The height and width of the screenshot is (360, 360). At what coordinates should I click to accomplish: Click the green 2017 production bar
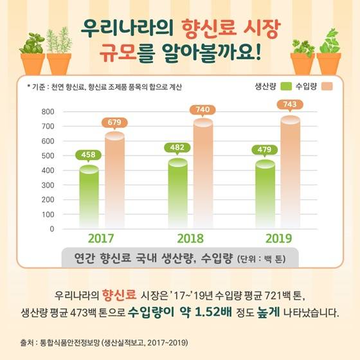pyautogui.click(x=89, y=197)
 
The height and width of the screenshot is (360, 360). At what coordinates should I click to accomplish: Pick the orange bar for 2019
pyautogui.click(x=290, y=172)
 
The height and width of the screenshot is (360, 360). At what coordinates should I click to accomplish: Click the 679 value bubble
pyautogui.click(x=114, y=123)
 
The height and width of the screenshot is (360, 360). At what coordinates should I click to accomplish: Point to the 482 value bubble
pyautogui.click(x=177, y=148)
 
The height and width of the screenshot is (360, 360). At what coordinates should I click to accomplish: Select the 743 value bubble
pyautogui.click(x=290, y=105)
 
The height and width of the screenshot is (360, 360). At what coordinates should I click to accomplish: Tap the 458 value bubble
pyautogui.click(x=88, y=155)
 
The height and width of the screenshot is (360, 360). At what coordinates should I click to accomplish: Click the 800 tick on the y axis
pyautogui.click(x=48, y=112)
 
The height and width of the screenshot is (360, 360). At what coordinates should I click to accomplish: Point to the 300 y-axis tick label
pyautogui.click(x=48, y=185)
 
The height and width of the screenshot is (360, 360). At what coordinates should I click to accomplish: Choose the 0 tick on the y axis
pyautogui.click(x=52, y=229)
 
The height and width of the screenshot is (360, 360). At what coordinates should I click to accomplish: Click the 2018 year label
pyautogui.click(x=190, y=239)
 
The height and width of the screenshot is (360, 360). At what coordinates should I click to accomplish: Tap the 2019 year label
pyautogui.click(x=279, y=239)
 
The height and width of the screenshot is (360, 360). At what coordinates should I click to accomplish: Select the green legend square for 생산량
pyautogui.click(x=286, y=86)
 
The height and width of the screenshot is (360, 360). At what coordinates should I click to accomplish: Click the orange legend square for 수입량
pyautogui.click(x=327, y=86)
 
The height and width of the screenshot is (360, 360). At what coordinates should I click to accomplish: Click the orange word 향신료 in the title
pyautogui.click(x=209, y=29)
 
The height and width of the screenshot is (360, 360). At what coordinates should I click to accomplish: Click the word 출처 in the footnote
pyautogui.click(x=26, y=343)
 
